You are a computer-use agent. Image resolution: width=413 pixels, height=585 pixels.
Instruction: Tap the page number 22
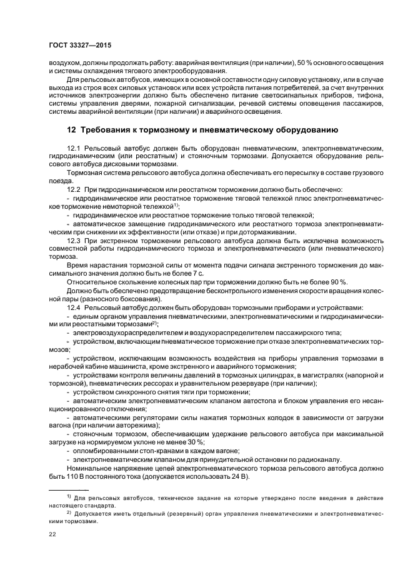coord(52,534)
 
